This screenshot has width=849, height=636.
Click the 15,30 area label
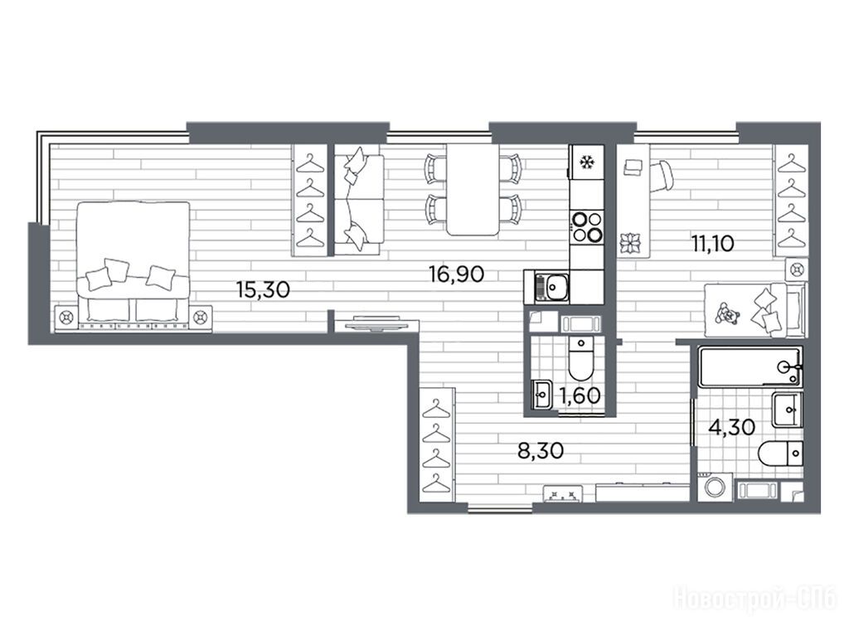[263, 290]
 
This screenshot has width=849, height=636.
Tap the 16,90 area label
[457, 274]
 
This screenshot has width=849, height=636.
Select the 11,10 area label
[712, 244]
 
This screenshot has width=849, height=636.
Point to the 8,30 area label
[541, 450]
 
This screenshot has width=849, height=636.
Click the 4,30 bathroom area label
[732, 427]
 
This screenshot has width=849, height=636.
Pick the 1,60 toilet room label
[580, 396]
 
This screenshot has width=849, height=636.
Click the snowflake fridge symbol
[585, 162]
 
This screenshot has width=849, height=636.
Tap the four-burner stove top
[586, 227]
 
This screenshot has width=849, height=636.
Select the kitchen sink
[547, 287]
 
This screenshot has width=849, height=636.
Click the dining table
[473, 189]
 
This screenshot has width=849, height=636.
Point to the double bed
[133, 265]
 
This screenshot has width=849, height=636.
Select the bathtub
[750, 367]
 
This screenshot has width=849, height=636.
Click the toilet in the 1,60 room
[580, 358]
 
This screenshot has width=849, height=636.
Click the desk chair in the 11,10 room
[662, 177]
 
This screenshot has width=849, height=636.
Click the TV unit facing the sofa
[376, 324]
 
